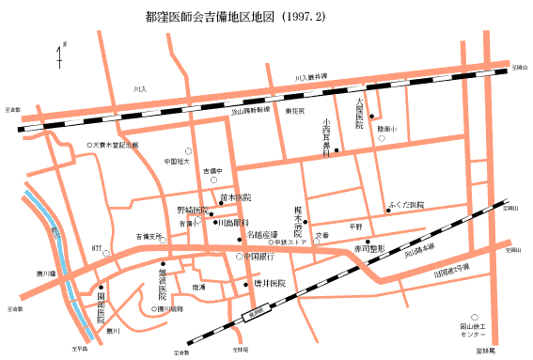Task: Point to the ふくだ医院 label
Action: pos(406,205)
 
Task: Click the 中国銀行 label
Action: pos(259,256)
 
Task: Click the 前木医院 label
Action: pos(236,198)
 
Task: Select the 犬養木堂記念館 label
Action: pos(115,145)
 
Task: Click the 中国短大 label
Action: pos(178,161)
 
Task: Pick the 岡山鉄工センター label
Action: pos(473,330)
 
